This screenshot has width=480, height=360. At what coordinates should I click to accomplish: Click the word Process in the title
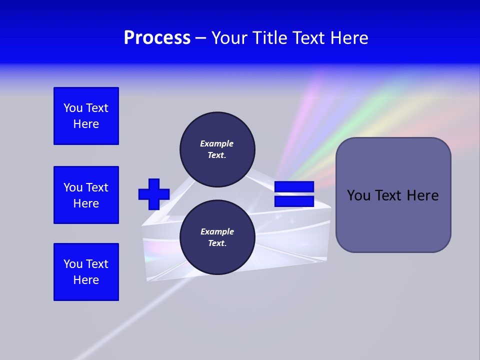coord(157,38)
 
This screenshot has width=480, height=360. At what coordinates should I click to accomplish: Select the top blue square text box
coord(86,116)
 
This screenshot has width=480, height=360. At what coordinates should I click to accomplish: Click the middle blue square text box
coord(86,195)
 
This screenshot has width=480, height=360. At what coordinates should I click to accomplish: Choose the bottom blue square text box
coord(86,272)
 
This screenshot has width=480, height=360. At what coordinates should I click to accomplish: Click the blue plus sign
coord(154,194)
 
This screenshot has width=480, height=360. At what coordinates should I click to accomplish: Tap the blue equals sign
coord(294,194)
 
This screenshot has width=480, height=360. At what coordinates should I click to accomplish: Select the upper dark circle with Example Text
coord(217,149)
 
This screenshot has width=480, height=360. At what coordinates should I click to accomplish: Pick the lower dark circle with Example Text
coord(217,237)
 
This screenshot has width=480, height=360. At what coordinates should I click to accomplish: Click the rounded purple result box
coord(393,195)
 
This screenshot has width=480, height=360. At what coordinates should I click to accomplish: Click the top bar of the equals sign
coord(294,187)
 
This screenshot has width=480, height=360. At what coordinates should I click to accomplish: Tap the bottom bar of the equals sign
coord(294,201)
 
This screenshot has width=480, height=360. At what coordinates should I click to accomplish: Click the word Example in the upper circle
coord(217,143)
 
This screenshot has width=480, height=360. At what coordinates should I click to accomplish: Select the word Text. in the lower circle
coord(217,243)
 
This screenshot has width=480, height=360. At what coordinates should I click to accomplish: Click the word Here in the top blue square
coord(86,124)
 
